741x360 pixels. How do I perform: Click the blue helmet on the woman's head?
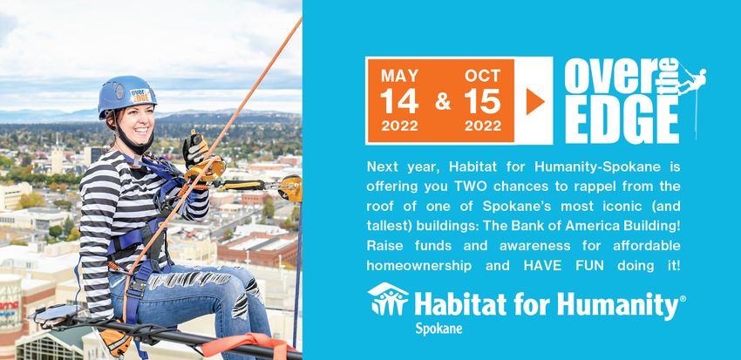point(126,96)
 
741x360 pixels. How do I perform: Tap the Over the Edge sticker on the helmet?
point(141,95)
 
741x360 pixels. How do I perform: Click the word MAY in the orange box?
point(400,76)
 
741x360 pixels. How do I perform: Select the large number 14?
point(399,101)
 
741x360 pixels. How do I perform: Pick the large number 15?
point(482,101)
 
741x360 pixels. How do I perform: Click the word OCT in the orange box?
point(482,76)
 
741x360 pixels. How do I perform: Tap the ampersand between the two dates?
point(443,101)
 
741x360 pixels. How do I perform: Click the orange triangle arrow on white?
point(535,101)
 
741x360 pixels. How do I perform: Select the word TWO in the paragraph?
point(468,187)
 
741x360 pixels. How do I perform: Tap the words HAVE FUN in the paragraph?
point(563,266)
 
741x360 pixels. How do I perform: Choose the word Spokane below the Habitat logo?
point(438,329)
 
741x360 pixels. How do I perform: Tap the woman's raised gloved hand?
point(194,150)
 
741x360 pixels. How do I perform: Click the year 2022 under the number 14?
point(399,126)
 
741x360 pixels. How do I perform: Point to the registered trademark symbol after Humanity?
point(683,299)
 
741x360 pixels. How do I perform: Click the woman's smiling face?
point(136,123)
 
